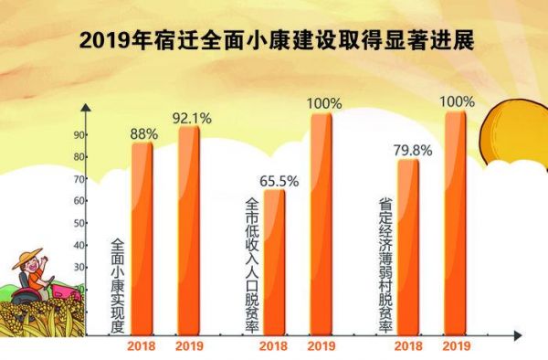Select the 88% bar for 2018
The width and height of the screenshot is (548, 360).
pyautogui.click(x=142, y=238)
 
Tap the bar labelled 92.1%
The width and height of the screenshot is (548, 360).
pyautogui.click(x=189, y=230)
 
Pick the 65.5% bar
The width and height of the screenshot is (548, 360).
pyautogui.click(x=274, y=262)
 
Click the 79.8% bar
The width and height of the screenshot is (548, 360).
pyautogui.click(x=408, y=247)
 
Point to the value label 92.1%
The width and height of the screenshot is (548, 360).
pyautogui.click(x=192, y=119)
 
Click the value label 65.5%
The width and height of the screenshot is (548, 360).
pyautogui.click(x=279, y=182)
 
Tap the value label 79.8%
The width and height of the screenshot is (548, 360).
pyautogui.click(x=413, y=151)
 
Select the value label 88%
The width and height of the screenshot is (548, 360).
pyautogui.click(x=144, y=134)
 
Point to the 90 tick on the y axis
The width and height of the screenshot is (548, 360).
pyautogui.click(x=79, y=135)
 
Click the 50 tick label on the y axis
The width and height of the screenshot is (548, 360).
pyautogui.click(x=79, y=223)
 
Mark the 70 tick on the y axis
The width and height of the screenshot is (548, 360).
pyautogui.click(x=79, y=179)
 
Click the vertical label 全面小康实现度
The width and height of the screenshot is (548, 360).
pyautogui.click(x=118, y=286)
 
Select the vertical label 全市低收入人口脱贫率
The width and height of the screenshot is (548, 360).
pyautogui.click(x=252, y=265)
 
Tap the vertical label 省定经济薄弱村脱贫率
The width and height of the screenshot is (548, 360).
pyautogui.click(x=385, y=265)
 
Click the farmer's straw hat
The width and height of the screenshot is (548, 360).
pyautogui.click(x=27, y=258)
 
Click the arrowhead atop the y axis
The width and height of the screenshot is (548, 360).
pyautogui.click(x=86, y=108)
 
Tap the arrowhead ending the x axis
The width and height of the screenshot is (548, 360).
pyautogui.click(x=518, y=336)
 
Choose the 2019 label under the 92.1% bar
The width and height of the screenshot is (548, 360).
pyautogui.click(x=189, y=346)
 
